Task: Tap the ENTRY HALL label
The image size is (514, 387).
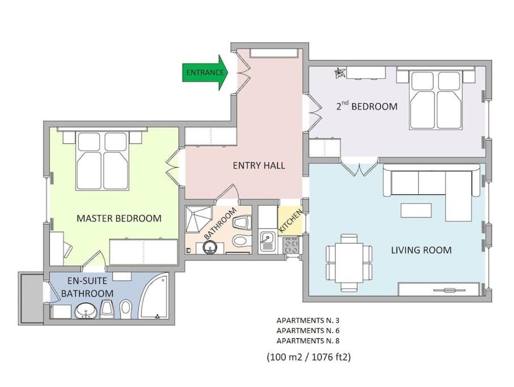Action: coord(259,165)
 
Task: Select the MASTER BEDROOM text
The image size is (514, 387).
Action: coord(119,218)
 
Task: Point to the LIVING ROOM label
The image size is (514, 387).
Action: coord(421,250)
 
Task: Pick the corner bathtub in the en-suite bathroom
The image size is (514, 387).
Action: coord(154,296)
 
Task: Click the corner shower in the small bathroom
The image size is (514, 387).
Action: coord(198,219)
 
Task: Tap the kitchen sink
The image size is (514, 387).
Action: coord(267,241)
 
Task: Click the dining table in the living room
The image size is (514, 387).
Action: coord(349,263)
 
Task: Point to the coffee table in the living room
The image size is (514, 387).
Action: coord(416,210)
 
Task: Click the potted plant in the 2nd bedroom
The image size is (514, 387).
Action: coord(339,73)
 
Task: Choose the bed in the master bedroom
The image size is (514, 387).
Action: coord(101,159)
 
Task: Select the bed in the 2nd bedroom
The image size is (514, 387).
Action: coord(436,98)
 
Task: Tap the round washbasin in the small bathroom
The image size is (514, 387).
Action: coord(210,248)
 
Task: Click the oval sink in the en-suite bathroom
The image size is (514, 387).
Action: coord(86,311)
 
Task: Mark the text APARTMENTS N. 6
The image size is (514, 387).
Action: coord(308,330)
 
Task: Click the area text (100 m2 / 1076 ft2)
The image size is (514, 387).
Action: coord(308,356)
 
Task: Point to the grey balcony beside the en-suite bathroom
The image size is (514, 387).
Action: coord(31,298)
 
